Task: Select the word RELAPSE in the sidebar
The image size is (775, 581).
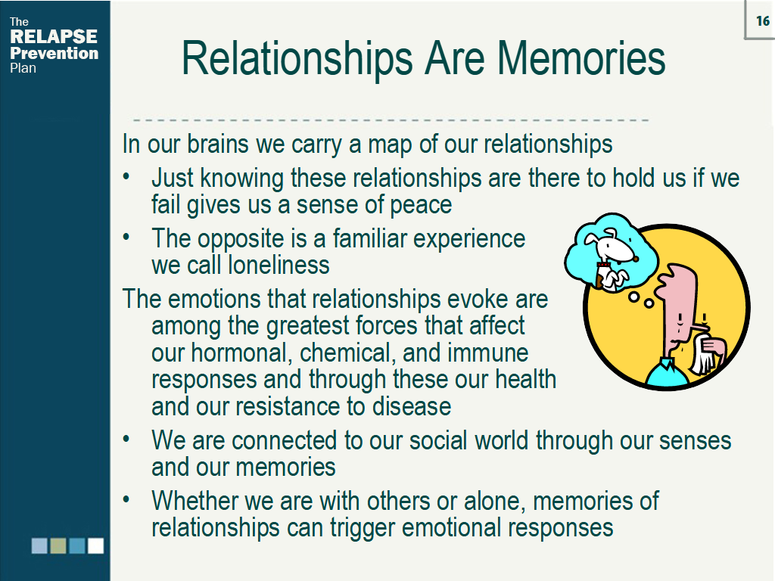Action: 54,37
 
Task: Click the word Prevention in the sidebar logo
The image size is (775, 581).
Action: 54,53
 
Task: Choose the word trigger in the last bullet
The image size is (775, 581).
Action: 360,527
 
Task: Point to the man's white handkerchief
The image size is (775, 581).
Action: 705,356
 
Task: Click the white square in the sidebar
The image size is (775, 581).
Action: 95,545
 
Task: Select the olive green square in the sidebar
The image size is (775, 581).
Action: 58,545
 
